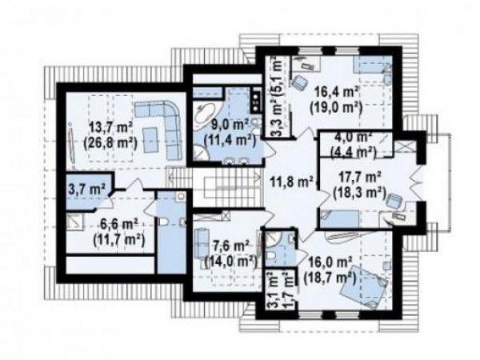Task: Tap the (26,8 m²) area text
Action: [x=110, y=142]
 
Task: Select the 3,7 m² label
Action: [x=87, y=189]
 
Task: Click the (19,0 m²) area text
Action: [x=336, y=107]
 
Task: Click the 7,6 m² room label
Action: [x=230, y=246]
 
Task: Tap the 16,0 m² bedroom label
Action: [x=330, y=262]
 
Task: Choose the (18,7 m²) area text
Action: [x=330, y=278]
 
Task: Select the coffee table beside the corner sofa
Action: [x=150, y=140]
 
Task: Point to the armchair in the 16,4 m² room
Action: [x=300, y=82]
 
